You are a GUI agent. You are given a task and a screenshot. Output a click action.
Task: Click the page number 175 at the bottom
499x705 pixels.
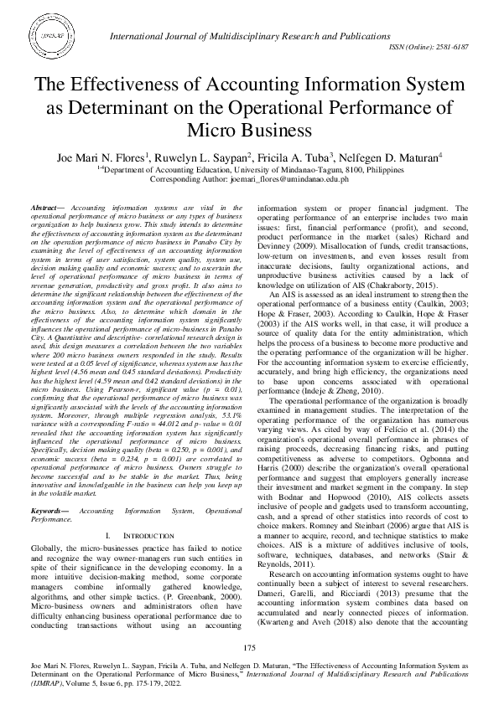pos(249,649)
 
